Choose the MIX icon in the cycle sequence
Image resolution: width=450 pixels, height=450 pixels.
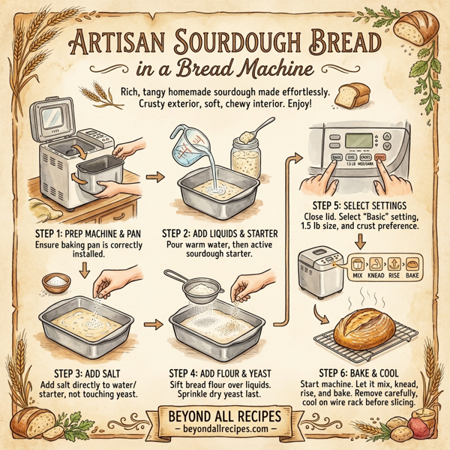pos(358,268)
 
